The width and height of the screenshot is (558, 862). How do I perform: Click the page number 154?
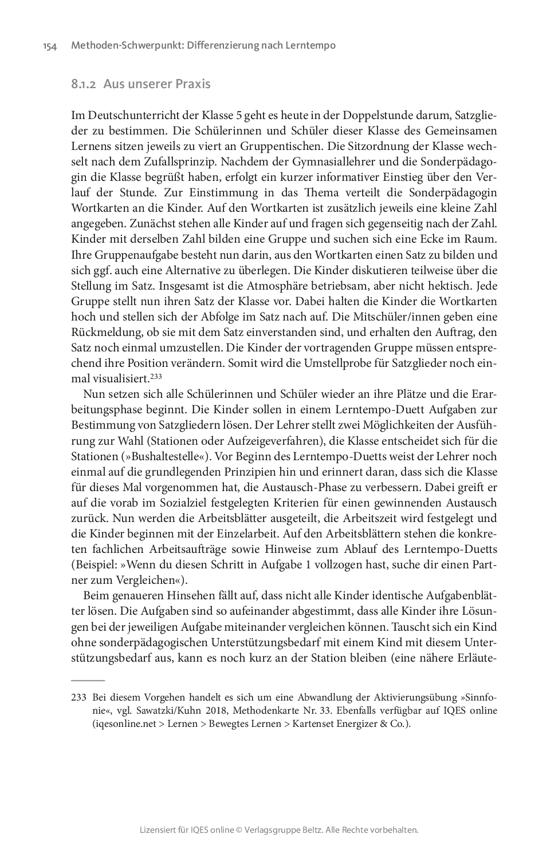[50, 46]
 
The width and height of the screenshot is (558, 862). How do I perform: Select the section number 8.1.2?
[84, 84]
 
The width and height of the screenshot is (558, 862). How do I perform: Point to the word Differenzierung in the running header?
[221, 46]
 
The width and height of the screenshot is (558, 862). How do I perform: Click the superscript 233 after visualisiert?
[156, 376]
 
